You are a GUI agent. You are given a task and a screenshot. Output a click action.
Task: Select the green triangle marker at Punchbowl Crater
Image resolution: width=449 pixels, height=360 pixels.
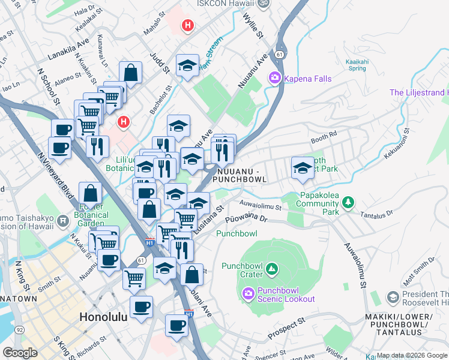tap(272, 268)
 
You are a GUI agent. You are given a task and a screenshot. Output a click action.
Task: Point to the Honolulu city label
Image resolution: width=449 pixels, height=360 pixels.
tap(103, 317)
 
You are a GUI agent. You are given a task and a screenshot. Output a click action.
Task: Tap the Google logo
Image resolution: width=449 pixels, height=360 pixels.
tap(20, 352)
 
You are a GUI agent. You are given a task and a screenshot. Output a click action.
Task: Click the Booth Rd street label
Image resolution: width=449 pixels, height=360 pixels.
tap(321, 139)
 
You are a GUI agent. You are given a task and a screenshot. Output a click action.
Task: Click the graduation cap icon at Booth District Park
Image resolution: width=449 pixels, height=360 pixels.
tap(303, 167)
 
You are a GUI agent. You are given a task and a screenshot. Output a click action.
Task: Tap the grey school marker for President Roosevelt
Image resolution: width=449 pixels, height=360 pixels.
tap(393, 297)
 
